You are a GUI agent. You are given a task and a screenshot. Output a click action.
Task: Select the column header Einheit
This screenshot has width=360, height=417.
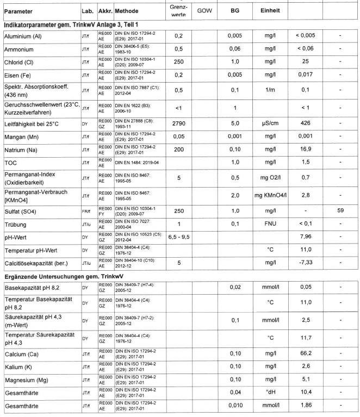click(269, 11)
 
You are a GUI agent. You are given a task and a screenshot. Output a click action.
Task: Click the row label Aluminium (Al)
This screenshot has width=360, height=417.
click(25, 36)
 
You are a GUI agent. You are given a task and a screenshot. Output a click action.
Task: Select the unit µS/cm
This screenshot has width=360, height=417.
click(269, 124)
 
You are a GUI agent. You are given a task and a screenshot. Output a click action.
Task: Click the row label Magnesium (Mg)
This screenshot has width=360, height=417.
click(29, 381)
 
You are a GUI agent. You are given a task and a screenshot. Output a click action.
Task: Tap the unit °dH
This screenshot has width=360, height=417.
click(269, 393)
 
